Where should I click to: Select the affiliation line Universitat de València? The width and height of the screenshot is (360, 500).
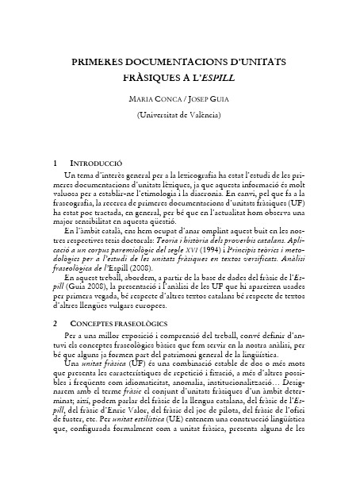click(x=180, y=116)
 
